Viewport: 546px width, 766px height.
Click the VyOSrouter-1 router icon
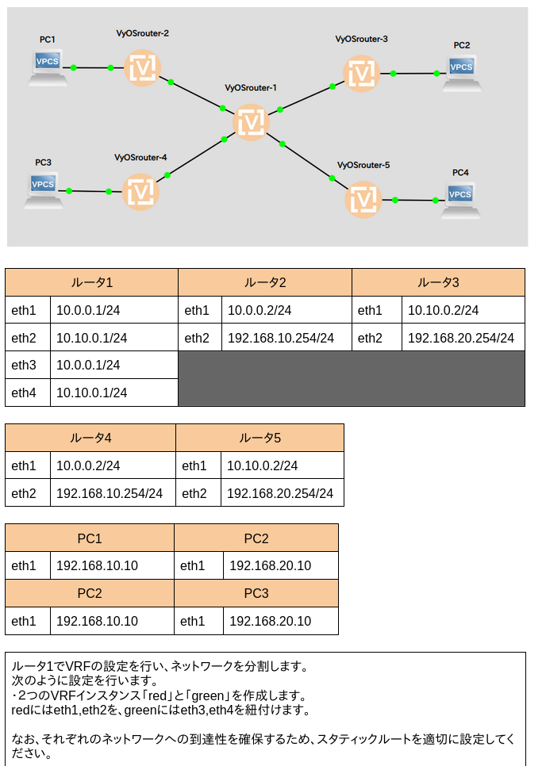pos(252,122)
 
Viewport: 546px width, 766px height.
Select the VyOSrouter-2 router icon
pos(142,68)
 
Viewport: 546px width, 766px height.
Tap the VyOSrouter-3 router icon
pos(362,74)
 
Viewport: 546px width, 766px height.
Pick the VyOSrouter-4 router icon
pos(140,192)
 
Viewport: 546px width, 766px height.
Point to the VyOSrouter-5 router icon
pos(363,200)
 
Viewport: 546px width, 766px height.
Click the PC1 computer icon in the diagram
pos(48,68)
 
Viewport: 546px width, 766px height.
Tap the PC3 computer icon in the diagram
pos(44,190)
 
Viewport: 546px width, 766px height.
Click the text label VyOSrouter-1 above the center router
pos(251,88)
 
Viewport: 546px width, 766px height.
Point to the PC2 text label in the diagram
pos(461,45)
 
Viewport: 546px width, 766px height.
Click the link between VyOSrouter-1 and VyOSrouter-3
pos(306,98)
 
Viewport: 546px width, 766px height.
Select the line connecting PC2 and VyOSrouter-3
pos(414,74)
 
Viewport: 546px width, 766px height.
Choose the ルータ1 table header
pos(92,282)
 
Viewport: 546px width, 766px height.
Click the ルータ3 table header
pos(438,282)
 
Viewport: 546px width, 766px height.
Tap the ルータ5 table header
pos(260,438)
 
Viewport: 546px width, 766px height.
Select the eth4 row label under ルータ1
pos(24,393)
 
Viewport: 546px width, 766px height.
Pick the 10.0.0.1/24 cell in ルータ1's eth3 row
pos(88,365)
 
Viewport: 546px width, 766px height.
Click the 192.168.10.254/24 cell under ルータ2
pos(281,338)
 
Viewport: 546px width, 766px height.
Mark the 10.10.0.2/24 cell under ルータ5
pos(262,465)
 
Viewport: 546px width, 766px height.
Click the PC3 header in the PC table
pos(256,593)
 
